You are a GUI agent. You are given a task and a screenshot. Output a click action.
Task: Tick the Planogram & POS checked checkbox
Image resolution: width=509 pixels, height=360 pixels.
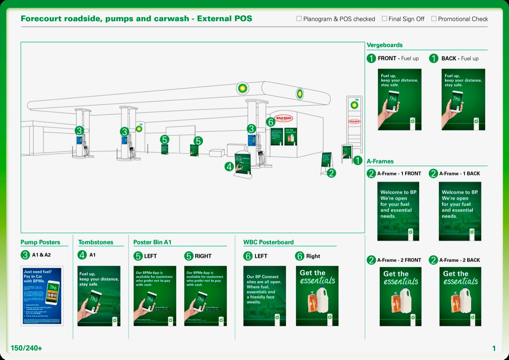[x=299, y=19]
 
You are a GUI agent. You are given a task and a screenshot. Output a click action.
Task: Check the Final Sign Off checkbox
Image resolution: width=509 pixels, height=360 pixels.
[x=384, y=19]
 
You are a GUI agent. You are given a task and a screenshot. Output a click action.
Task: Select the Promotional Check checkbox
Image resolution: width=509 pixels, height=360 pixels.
[x=434, y=19]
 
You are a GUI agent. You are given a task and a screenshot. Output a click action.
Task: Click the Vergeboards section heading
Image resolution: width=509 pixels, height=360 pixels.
[x=385, y=45]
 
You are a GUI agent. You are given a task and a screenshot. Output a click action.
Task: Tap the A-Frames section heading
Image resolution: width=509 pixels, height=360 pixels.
[x=380, y=161]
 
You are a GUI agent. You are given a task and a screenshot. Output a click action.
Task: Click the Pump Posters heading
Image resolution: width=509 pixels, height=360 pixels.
[x=41, y=242]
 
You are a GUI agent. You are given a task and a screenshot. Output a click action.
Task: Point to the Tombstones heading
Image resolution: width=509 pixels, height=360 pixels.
[x=96, y=242]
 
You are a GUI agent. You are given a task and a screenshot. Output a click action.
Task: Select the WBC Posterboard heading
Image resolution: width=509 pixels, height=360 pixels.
[x=268, y=242]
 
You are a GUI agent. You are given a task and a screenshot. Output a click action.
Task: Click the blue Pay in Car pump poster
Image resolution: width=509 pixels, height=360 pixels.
[x=42, y=296]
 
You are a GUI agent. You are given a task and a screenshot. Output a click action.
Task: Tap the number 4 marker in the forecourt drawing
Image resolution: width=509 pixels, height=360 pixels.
[x=229, y=167]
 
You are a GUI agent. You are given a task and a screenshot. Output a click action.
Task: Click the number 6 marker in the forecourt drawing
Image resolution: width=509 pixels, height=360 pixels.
[x=270, y=122]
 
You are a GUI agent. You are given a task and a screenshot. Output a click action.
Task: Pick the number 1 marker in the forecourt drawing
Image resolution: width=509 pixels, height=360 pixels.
[x=357, y=160]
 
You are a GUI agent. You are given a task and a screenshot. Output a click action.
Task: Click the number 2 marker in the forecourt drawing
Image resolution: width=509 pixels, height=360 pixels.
[x=331, y=173]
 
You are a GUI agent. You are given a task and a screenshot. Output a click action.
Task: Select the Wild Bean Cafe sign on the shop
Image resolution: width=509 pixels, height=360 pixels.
[x=284, y=119]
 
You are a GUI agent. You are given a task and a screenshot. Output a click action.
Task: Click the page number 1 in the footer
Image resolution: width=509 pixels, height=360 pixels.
[x=494, y=348]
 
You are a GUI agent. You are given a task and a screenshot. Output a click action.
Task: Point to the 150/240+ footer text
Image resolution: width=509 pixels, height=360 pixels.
[x=26, y=348]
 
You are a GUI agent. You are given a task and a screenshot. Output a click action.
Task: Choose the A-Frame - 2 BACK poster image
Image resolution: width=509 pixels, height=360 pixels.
[x=460, y=296]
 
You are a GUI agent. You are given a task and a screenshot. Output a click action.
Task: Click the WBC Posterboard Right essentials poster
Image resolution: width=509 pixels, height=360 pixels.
[x=317, y=296]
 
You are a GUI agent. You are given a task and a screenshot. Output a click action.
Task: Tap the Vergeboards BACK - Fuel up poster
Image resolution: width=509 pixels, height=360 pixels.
[x=463, y=99]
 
